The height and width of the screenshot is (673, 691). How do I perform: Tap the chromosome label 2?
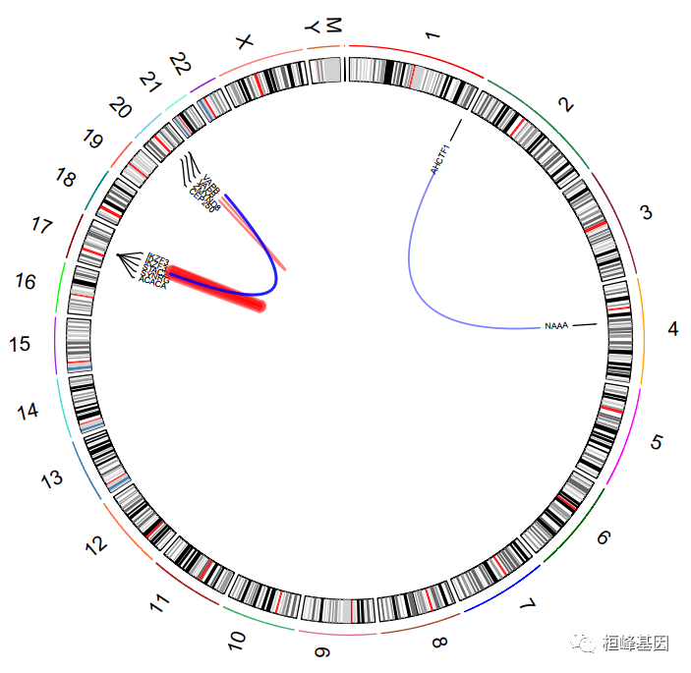click(564, 105)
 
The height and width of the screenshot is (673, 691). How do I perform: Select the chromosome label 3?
click(646, 212)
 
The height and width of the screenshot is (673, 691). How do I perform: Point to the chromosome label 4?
click(672, 329)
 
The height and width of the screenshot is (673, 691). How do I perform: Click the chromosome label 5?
click(656, 443)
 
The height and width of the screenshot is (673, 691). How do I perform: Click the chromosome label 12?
click(96, 543)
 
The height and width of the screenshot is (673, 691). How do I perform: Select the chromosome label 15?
click(20, 345)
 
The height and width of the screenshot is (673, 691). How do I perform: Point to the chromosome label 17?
click(41, 226)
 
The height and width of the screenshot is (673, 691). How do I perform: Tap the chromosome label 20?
click(120, 107)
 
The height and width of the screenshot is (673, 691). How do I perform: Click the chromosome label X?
click(245, 40)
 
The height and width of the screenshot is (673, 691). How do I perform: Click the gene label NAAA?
click(556, 325)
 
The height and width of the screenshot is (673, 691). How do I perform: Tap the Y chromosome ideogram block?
click(325, 70)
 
